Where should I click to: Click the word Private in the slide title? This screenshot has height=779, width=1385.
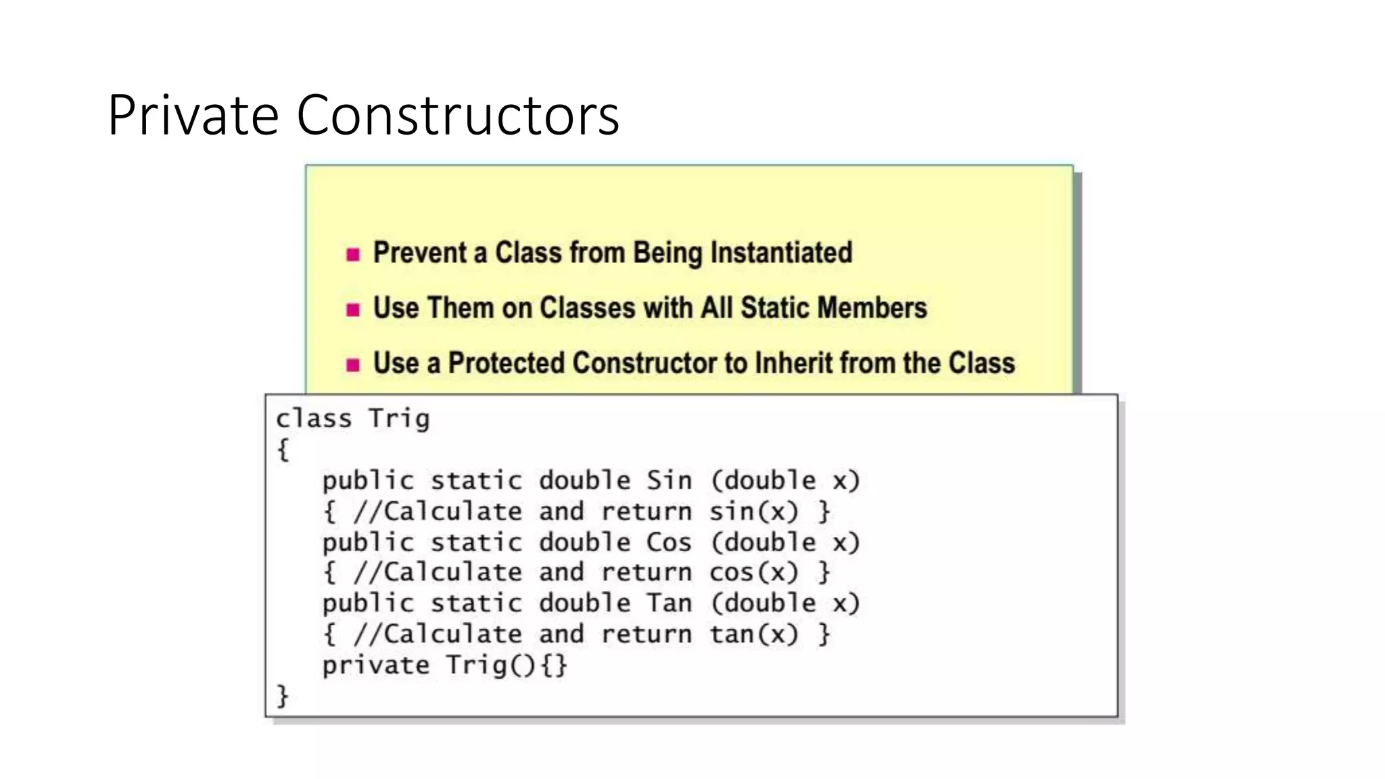point(193,115)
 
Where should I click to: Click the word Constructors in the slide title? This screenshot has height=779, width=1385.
point(458,115)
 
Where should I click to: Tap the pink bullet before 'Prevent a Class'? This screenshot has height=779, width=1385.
point(353,255)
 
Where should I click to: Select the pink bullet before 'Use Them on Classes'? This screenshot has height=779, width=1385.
point(353,310)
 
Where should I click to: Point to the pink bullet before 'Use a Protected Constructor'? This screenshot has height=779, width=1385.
point(353,365)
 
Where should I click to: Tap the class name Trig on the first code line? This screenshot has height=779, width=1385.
point(399,419)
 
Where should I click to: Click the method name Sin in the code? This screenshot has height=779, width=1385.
point(669,481)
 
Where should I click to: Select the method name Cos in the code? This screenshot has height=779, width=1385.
point(669,542)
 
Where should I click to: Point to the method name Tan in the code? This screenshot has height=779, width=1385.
point(669,603)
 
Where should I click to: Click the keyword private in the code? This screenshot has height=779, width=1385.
point(375,665)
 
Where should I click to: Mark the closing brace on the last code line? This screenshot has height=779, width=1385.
point(283,696)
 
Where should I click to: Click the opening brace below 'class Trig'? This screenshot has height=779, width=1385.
point(283,449)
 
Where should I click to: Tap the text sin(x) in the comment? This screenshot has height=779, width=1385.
point(753,511)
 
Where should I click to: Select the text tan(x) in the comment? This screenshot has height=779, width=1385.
point(753,634)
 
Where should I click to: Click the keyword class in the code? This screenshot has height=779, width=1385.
point(314,419)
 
